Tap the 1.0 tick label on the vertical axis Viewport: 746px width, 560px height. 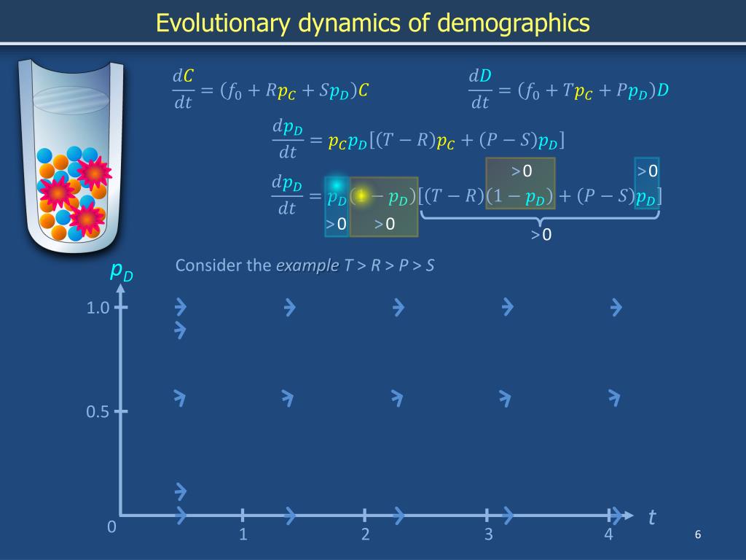[98, 308]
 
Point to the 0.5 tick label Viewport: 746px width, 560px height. [98, 412]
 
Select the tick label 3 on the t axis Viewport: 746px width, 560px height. [489, 534]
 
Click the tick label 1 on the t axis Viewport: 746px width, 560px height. [243, 534]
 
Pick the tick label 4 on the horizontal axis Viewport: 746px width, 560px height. [609, 534]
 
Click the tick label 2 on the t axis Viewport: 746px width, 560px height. [366, 534]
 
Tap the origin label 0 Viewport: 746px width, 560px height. [111, 527]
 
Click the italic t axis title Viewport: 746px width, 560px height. [651, 518]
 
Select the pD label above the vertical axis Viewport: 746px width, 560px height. [121, 272]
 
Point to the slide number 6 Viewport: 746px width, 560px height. [697, 535]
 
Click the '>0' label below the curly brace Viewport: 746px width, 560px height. [541, 235]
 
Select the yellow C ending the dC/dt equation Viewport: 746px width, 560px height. [364, 91]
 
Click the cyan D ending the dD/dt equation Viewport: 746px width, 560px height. [663, 91]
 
